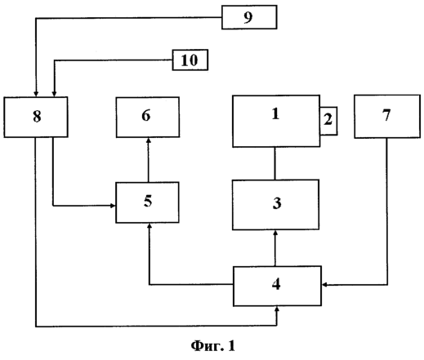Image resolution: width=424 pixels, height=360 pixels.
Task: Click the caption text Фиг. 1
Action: click(x=212, y=346)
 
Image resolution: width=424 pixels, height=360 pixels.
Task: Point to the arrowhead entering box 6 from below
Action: click(x=149, y=140)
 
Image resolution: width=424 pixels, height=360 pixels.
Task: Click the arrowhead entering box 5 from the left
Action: click(x=113, y=206)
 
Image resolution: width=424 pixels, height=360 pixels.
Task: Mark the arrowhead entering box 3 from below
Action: click(x=275, y=233)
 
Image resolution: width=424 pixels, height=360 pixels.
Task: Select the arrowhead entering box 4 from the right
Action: click(x=324, y=285)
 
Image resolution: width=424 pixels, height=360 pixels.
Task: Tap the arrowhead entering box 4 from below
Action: click(x=277, y=309)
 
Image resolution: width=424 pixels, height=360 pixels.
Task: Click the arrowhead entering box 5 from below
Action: click(x=149, y=226)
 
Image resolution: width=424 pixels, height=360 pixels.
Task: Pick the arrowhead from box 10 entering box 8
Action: click(x=54, y=94)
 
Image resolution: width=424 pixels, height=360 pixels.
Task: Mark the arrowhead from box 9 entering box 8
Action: click(x=36, y=94)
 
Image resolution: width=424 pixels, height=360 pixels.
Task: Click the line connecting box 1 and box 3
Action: click(x=274, y=163)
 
